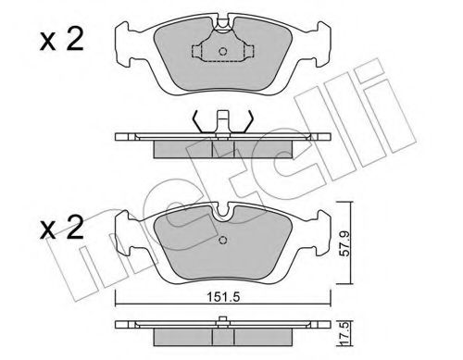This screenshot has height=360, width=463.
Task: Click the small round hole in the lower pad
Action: [223, 242]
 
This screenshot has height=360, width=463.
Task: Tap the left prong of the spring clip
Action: [197, 119]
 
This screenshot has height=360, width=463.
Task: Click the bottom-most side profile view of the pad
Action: [223, 329]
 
